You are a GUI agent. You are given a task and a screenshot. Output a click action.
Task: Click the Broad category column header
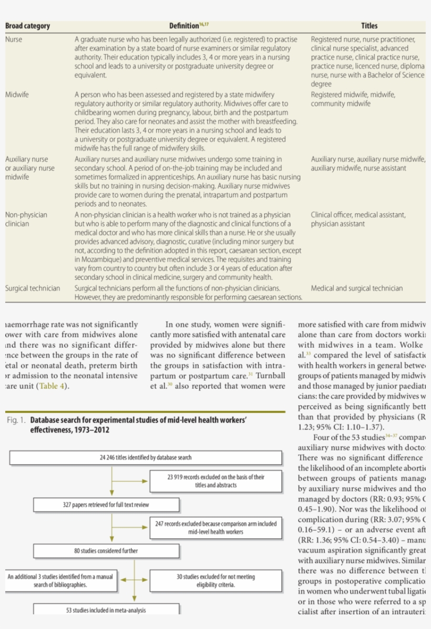point(27,26)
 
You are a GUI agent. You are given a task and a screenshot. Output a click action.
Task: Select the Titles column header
point(369,26)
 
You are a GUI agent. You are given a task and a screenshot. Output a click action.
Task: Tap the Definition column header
point(186,26)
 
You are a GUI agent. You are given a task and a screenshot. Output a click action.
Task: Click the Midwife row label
point(17,95)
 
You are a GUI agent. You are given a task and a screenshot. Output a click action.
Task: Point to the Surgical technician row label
point(33,288)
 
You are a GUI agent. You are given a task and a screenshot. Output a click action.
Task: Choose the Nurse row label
point(14,39)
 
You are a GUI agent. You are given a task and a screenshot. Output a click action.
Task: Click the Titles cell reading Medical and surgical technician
point(357,288)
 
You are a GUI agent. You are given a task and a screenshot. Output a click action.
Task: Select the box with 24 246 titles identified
point(146,457)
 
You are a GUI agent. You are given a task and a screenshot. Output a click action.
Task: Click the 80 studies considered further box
point(106,551)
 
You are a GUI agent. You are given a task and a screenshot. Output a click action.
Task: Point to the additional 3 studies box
point(60,580)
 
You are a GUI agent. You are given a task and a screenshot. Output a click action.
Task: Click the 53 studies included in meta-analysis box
point(106,610)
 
